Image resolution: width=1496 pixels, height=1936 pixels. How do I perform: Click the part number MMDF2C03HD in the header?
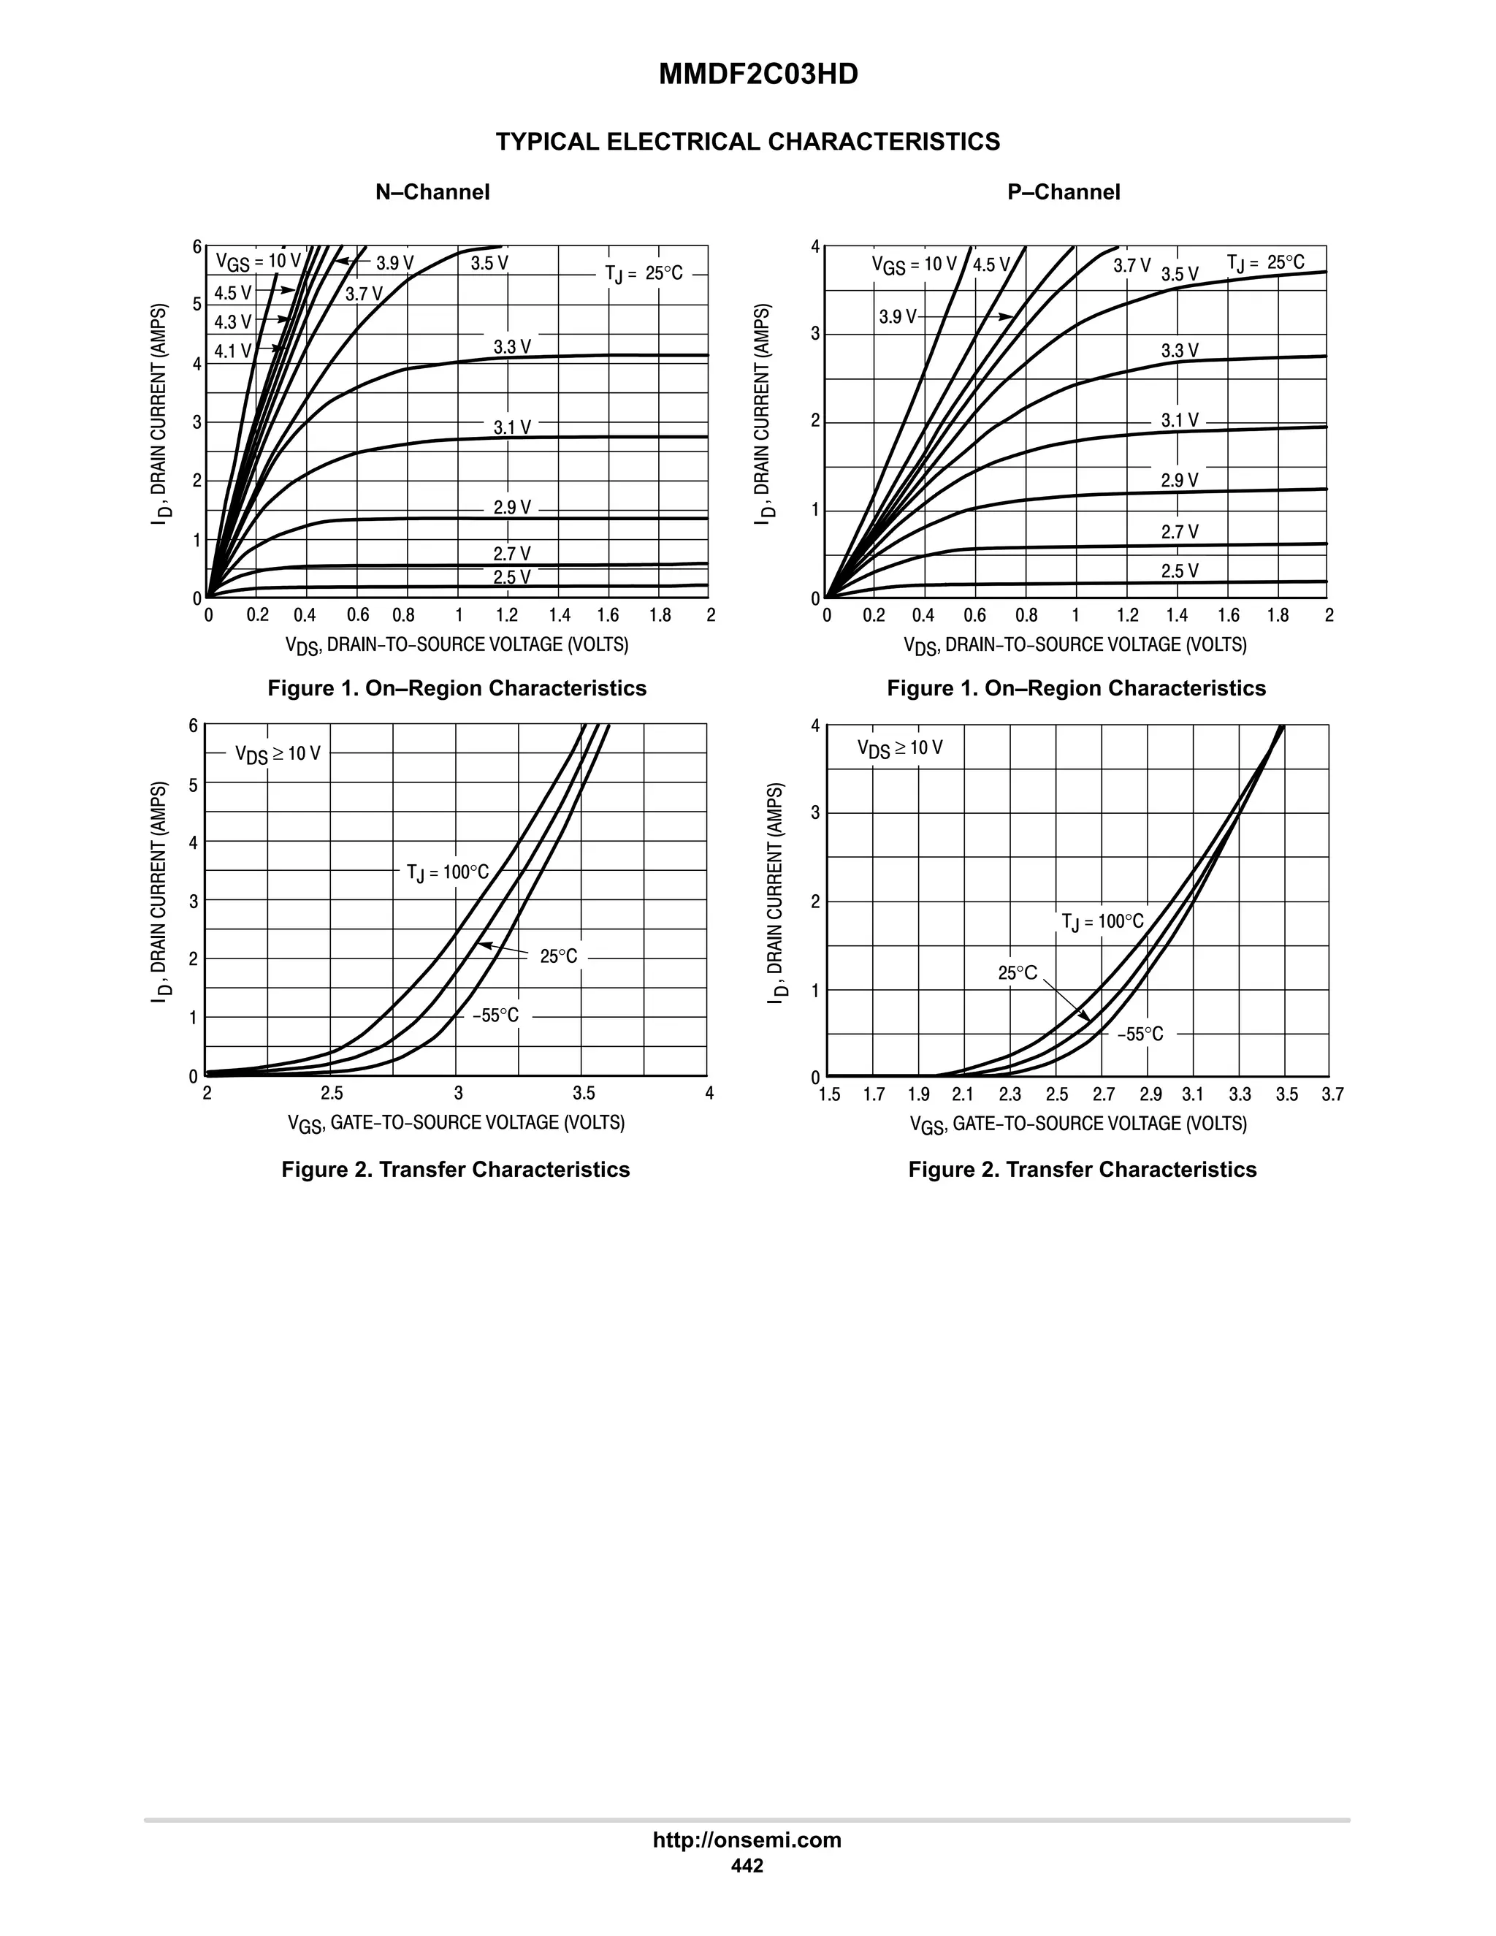(757, 75)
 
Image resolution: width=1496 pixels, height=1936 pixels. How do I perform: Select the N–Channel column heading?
(432, 192)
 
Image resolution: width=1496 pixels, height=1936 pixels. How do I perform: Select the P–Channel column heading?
(1064, 192)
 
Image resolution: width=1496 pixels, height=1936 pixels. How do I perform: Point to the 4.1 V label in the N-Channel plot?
(233, 351)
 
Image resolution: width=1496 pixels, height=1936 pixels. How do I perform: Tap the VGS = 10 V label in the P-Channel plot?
(914, 264)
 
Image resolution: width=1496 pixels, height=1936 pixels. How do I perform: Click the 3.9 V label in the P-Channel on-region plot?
(898, 316)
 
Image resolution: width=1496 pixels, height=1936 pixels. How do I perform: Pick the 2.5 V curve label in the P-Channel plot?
(1180, 571)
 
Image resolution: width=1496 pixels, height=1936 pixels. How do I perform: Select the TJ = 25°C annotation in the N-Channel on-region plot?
(644, 273)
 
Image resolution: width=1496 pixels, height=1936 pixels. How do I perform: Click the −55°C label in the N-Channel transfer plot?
(495, 1015)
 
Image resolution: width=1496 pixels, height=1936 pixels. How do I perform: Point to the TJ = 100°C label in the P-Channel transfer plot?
(1102, 922)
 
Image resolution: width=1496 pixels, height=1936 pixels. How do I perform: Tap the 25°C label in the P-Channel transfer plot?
(1018, 972)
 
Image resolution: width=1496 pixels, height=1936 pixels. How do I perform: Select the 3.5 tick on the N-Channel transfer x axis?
(583, 1093)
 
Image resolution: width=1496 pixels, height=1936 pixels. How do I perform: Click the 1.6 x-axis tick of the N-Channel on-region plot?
(608, 615)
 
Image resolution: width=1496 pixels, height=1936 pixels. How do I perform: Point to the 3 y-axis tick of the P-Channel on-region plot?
(814, 334)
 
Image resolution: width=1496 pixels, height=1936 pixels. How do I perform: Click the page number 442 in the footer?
(747, 1865)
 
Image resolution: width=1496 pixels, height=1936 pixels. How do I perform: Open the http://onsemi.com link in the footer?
(747, 1840)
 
